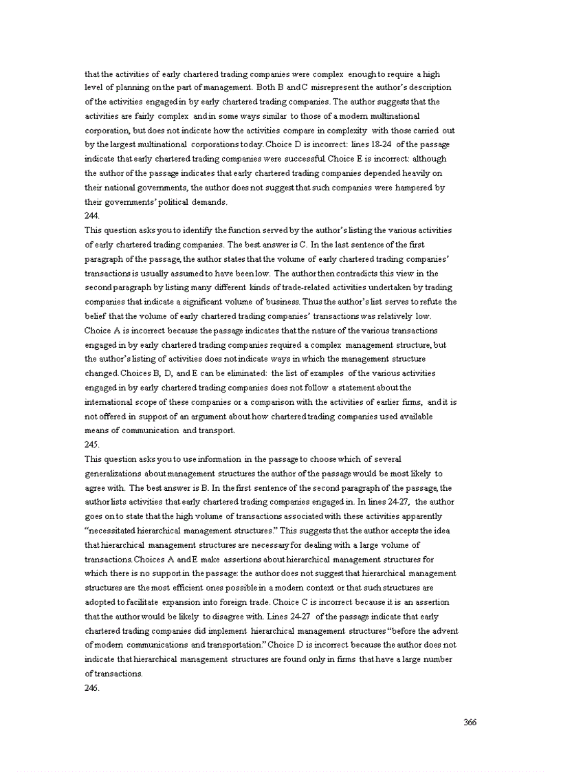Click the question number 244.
tap(92, 215)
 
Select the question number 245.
tap(92, 444)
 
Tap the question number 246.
tap(92, 687)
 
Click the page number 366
tap(470, 722)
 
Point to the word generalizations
tap(114, 474)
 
